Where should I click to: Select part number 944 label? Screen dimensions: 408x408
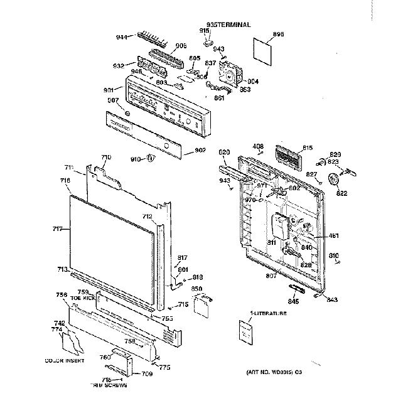click(x=122, y=38)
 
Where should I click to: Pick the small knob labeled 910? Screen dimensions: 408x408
click(x=149, y=158)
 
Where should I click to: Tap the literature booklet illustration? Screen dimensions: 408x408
click(x=245, y=331)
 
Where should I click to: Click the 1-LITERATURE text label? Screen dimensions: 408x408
click(x=266, y=313)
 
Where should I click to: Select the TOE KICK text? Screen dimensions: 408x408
click(x=86, y=297)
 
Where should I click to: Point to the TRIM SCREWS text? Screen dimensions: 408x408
click(x=110, y=385)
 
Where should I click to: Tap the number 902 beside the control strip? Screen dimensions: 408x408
click(x=200, y=150)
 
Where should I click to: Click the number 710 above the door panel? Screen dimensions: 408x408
click(x=105, y=157)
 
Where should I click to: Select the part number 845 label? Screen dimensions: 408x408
click(x=293, y=301)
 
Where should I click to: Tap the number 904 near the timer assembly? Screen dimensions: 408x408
click(x=252, y=81)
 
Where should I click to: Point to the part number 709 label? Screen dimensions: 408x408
click(x=146, y=374)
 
